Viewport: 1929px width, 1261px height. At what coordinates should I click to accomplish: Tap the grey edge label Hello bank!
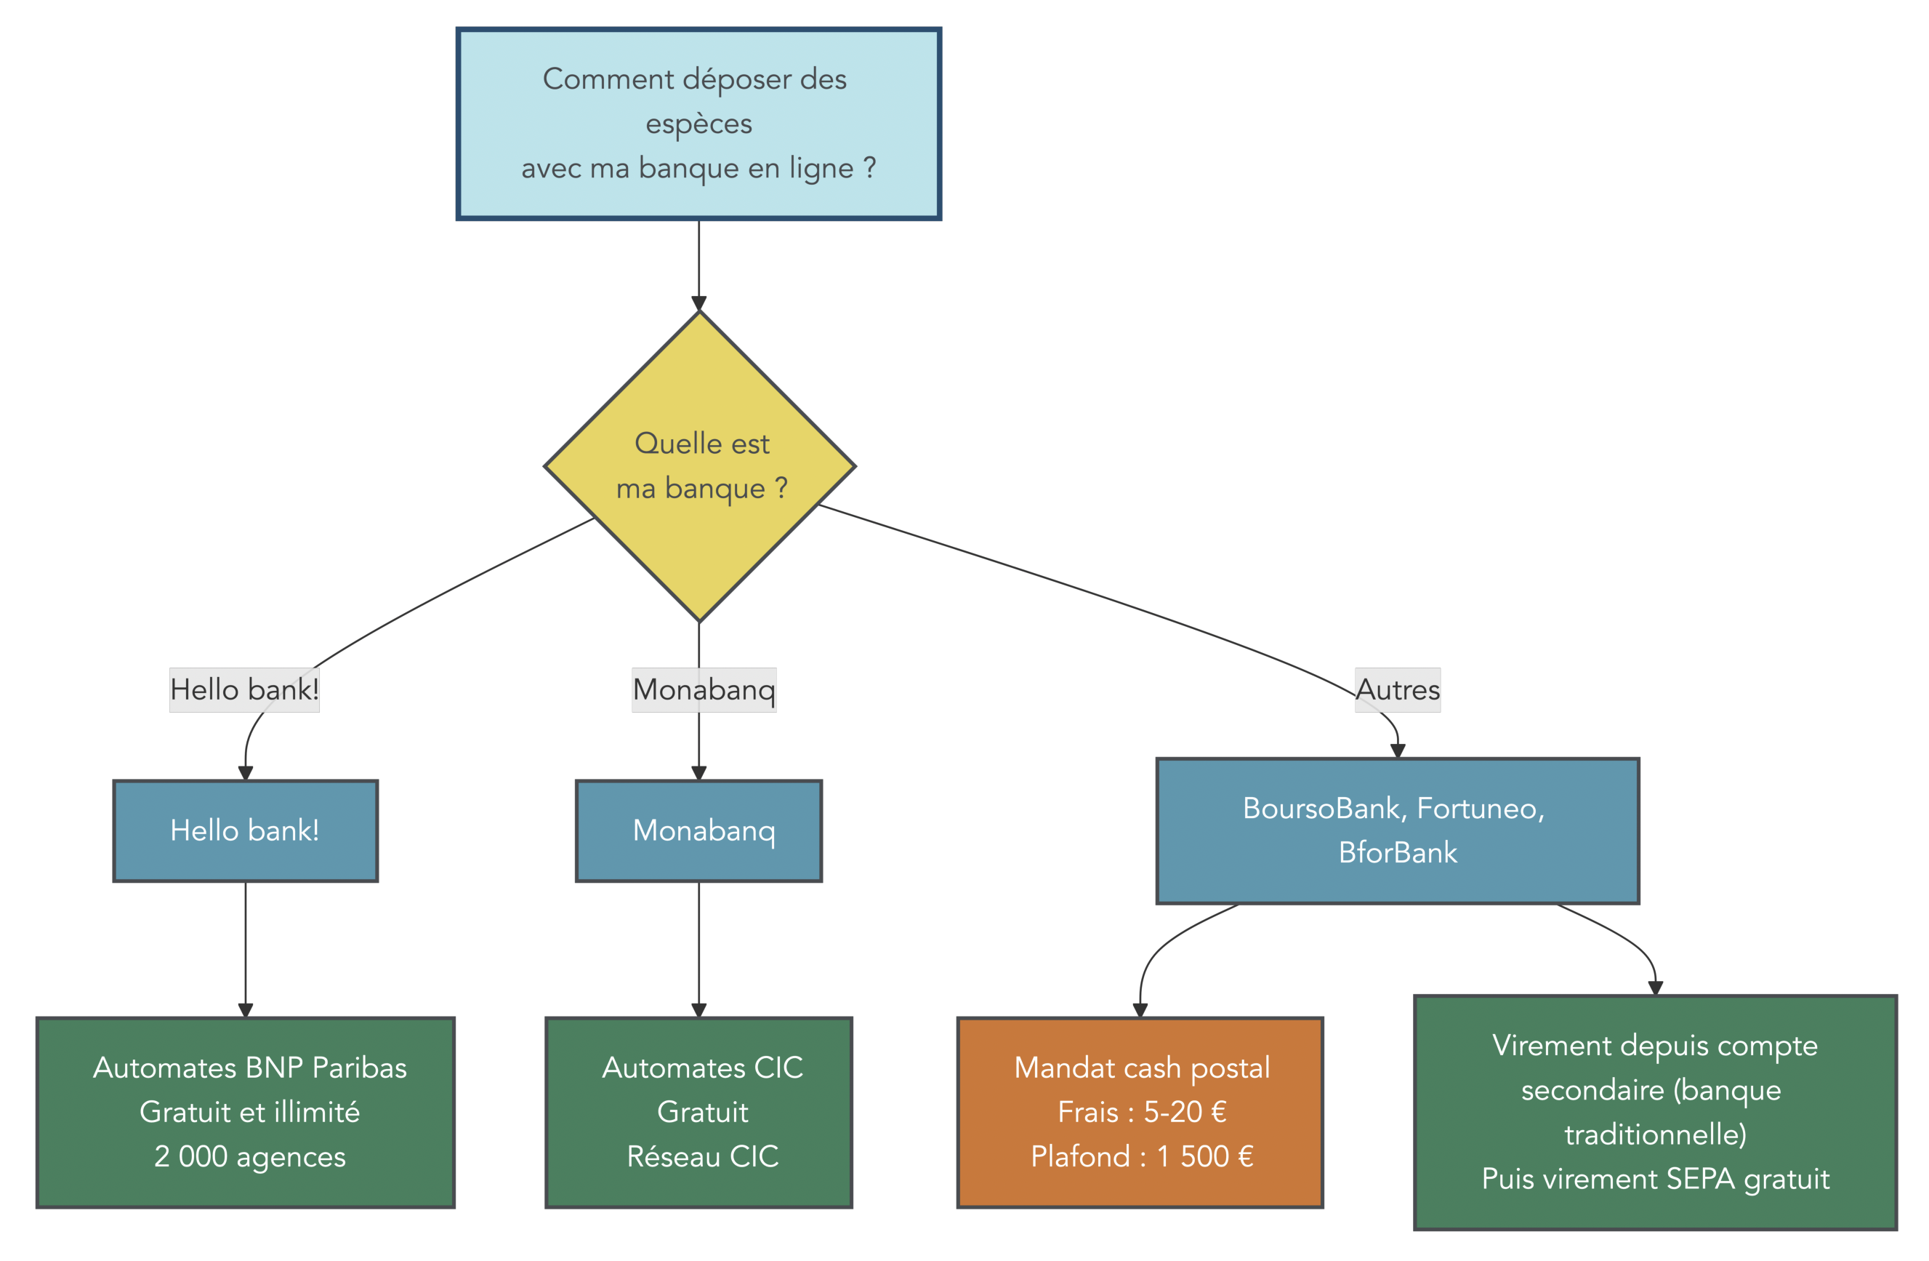pos(244,689)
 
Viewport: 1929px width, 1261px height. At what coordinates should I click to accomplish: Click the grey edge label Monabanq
pos(704,689)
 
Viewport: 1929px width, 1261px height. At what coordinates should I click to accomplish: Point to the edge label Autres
pos(1397,689)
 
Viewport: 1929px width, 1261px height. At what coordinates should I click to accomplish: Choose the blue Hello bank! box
pos(245,830)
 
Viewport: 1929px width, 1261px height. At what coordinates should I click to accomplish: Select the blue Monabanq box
pos(698,830)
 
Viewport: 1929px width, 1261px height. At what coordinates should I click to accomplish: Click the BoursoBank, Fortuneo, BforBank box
pos(1397,830)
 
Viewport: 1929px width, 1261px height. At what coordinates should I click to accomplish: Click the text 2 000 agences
pos(249,1156)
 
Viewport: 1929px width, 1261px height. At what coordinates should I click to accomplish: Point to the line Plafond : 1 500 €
pos(1142,1156)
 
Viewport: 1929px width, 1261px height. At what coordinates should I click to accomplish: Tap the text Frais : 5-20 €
pos(1142,1112)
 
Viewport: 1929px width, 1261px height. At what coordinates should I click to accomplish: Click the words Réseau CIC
pos(703,1156)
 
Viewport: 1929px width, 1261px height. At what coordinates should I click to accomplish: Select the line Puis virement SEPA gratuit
pos(1655,1178)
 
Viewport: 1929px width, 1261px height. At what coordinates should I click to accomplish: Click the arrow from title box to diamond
pos(698,263)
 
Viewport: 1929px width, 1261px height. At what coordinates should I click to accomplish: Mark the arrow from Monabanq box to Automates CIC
pos(698,949)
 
